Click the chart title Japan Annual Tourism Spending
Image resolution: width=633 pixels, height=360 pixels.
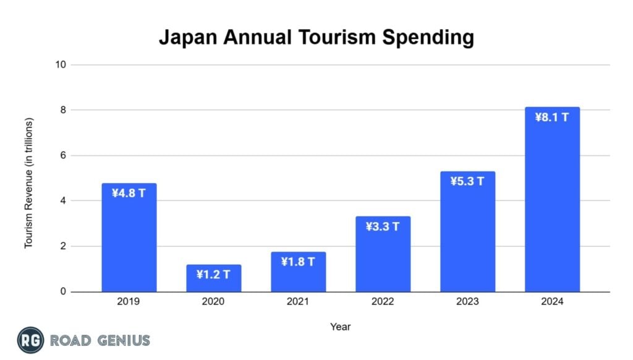pos(316,37)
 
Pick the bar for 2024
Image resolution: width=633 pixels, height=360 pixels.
pos(552,204)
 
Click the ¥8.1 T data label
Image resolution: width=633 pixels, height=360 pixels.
pos(552,117)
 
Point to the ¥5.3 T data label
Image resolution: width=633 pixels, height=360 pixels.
pos(467,181)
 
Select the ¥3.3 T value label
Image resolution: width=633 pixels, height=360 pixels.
pos(383,226)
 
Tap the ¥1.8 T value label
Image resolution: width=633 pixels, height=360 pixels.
pos(298,262)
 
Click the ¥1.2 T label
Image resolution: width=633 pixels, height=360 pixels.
pos(214,275)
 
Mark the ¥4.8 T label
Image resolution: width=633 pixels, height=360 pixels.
pos(129,193)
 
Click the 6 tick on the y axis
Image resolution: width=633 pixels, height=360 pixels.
pos(63,155)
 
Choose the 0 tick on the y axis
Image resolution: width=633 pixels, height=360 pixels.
pos(63,291)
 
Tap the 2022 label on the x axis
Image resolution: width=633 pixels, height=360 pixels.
pos(383,302)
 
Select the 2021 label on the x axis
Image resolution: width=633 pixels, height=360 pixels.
pos(298,302)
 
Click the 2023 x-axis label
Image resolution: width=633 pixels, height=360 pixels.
pos(467,302)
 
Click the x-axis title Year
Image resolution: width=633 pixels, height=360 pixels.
pos(340,326)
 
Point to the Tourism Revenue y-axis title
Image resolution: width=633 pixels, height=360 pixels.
pos(29,183)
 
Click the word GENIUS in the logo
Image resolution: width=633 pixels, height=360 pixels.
pos(122,340)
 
